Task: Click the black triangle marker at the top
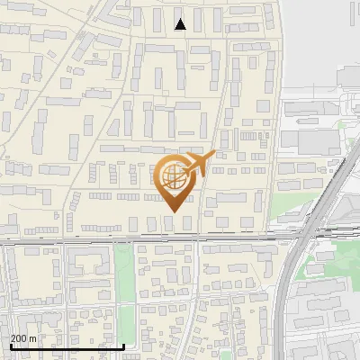(180, 24)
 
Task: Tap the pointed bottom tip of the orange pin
(171, 211)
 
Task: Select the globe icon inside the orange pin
(173, 176)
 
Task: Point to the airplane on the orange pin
(199, 163)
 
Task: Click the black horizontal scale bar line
(67, 346)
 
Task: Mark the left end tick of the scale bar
(10, 345)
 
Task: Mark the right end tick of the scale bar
(123, 345)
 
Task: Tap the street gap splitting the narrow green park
(123, 297)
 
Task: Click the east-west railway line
(90, 239)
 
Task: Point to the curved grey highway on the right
(286, 297)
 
